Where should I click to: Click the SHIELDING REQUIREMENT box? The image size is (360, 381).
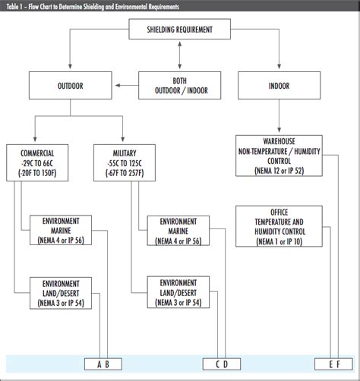pos(179,30)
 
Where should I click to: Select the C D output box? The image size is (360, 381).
pos(220,364)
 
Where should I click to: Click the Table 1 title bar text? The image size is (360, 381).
pos(91,6)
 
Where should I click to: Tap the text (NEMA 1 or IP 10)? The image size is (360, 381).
pos(277,241)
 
